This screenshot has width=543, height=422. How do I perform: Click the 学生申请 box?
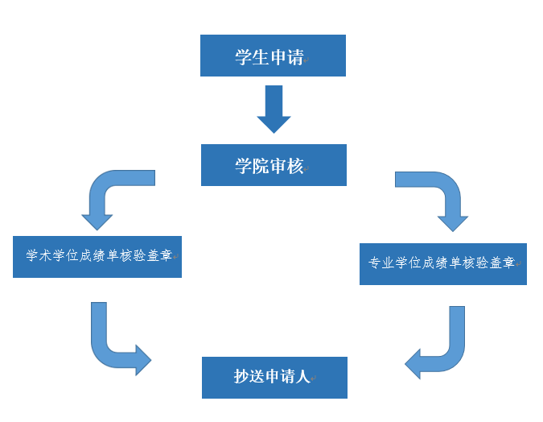pyautogui.click(x=273, y=56)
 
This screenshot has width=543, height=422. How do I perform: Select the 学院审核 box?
pyautogui.click(x=274, y=165)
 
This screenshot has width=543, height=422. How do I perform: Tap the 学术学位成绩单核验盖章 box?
pyautogui.click(x=97, y=257)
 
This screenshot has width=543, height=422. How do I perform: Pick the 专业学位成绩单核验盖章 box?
pyautogui.click(x=442, y=264)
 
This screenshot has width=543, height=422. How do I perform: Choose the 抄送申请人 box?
pyautogui.click(x=274, y=378)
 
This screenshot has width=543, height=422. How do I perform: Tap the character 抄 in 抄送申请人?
pyautogui.click(x=243, y=378)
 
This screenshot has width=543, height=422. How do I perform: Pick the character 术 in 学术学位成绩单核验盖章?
pyautogui.click(x=46, y=256)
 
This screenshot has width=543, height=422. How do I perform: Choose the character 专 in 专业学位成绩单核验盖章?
pyautogui.click(x=375, y=263)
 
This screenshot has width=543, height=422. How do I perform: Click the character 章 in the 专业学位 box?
pyautogui.click(x=508, y=263)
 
